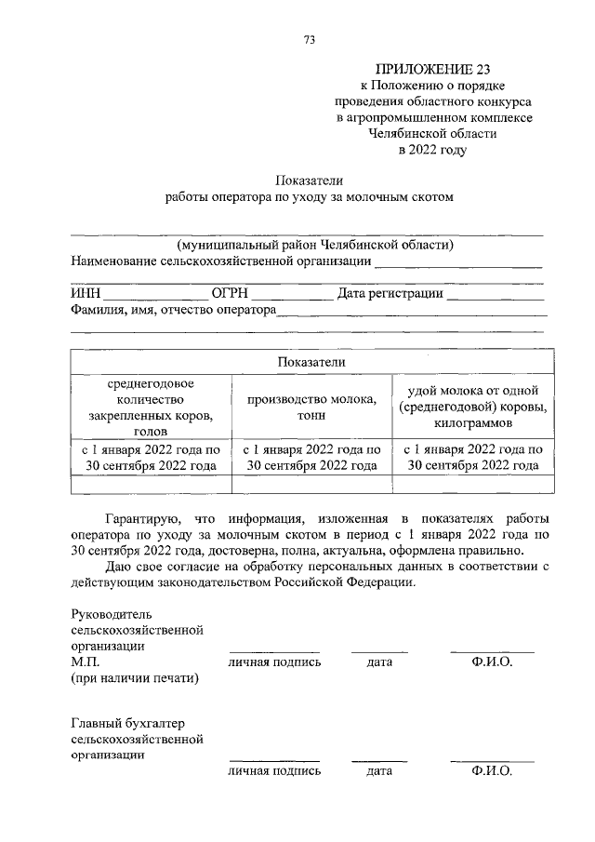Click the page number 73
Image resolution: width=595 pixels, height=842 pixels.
point(310,38)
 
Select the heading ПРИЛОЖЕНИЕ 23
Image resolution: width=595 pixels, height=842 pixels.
point(432,69)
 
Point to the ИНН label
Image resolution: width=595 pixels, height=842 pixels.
point(86,295)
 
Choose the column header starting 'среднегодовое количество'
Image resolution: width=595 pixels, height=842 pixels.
point(150,406)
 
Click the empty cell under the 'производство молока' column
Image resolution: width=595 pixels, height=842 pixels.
point(311,484)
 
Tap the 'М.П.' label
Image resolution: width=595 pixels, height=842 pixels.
point(85,662)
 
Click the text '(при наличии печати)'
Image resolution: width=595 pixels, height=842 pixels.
point(135,678)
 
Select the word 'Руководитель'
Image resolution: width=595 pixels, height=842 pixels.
point(111,614)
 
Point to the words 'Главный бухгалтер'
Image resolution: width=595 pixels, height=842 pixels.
point(126,722)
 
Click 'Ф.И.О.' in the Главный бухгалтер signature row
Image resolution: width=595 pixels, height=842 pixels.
point(492,771)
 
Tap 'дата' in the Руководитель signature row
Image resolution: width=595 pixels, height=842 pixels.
point(378,662)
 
